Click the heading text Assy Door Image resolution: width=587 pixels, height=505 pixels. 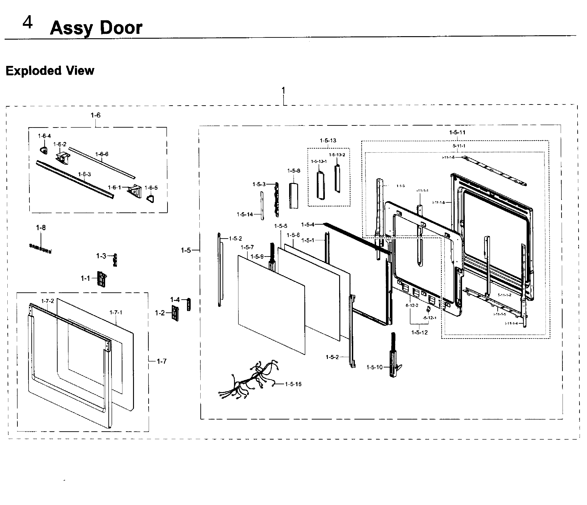pos(96,28)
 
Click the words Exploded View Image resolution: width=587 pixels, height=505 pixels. pos(50,71)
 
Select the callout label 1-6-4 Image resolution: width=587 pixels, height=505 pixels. pos(44,136)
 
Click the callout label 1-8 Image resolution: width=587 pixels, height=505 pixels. pos(41,228)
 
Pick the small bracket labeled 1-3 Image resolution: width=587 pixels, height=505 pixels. pos(115,260)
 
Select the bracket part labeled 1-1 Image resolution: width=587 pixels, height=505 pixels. pos(101,279)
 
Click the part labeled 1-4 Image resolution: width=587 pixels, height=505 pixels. pos(189,304)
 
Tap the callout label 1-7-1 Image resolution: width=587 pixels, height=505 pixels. pos(116,312)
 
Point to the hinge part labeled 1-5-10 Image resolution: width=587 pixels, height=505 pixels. pos(393,357)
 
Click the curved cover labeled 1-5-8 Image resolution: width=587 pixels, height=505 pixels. pos(294,195)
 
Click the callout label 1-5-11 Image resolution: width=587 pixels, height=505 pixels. pos(457,132)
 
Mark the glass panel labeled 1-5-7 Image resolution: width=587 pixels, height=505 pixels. pos(271,304)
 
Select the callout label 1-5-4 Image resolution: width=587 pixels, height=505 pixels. pos(308,224)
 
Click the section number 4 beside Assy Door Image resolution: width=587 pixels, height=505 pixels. pos(27,22)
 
